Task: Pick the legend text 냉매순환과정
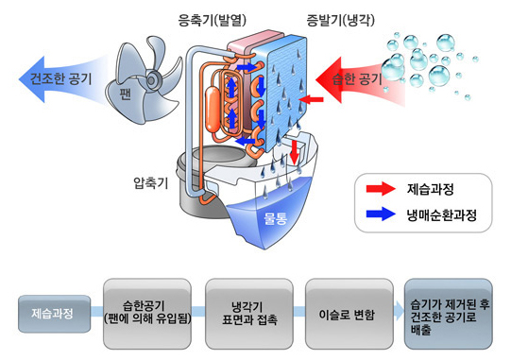click(442, 215)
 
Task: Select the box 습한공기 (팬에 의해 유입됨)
click(147, 311)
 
